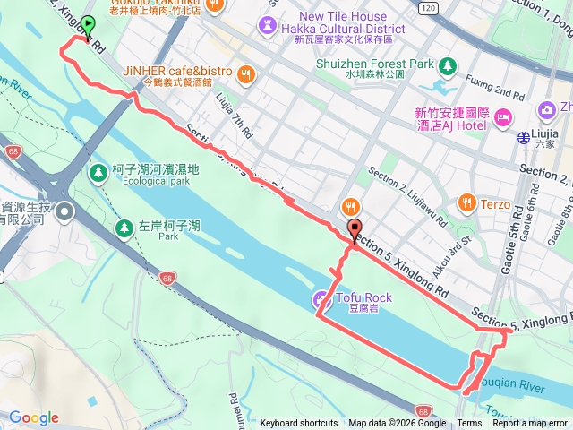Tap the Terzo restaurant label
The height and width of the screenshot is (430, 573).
pos(494,203)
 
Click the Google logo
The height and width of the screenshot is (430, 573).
pos(34,417)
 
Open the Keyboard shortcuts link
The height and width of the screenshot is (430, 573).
pos(299,424)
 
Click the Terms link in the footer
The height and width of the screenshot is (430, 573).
pos(469,424)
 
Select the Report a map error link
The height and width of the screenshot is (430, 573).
pos(530,424)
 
